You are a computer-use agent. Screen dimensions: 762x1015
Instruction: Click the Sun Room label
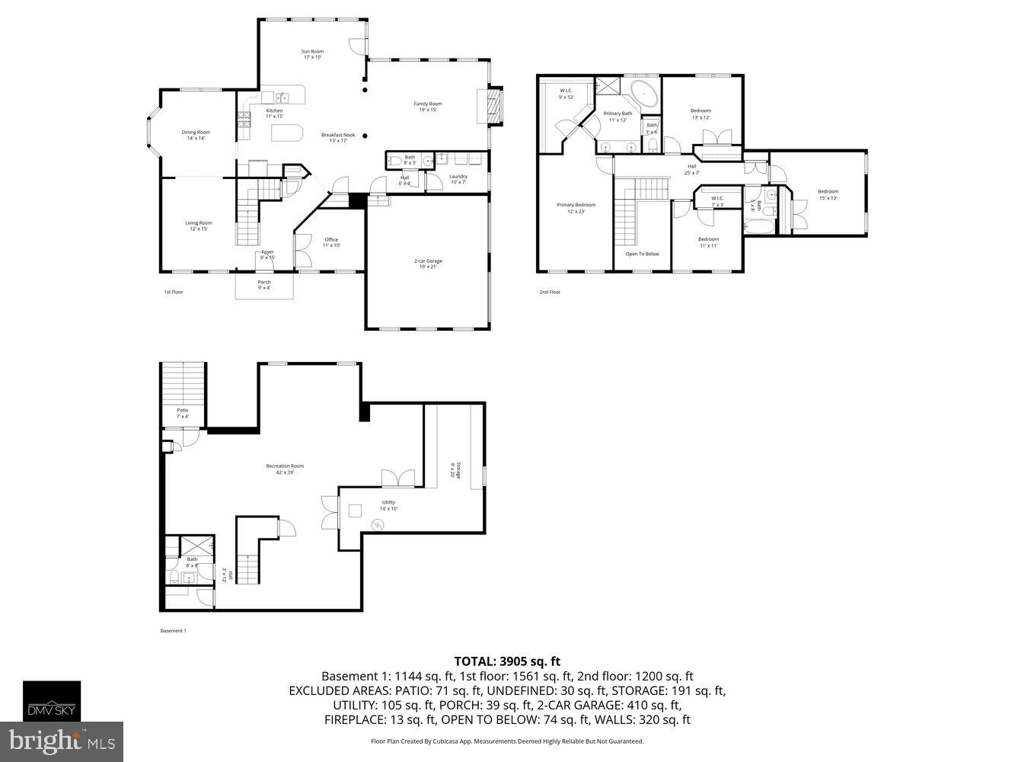coord(313,54)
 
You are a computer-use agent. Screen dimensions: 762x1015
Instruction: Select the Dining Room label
coord(196,135)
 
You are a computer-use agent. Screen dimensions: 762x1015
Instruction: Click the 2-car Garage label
coord(427,264)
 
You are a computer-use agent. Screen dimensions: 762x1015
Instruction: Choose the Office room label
coord(331,242)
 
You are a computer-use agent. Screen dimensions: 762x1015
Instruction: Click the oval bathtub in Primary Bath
coord(644,95)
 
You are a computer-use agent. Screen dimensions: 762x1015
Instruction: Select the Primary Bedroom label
coord(576,208)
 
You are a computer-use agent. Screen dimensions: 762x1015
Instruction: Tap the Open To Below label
coord(642,254)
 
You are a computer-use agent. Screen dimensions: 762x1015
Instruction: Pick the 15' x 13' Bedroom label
coord(828,194)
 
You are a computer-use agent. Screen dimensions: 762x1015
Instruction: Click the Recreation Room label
coord(285,469)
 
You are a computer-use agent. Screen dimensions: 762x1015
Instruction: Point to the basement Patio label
coord(183,413)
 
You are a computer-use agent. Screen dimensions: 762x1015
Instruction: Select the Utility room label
coord(388,505)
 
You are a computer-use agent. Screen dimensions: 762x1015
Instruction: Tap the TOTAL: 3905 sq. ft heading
coord(507,661)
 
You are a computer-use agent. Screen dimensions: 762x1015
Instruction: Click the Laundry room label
coord(458,179)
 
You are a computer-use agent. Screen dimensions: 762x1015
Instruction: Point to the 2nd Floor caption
coord(549,292)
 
